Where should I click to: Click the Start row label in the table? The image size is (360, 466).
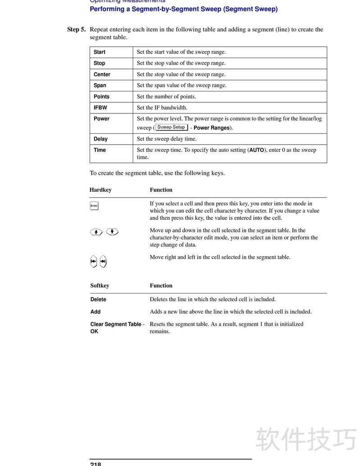[x=99, y=52]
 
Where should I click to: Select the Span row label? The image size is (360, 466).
[x=100, y=86]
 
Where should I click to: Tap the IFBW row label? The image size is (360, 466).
[x=100, y=108]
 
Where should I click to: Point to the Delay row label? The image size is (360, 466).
[x=100, y=139]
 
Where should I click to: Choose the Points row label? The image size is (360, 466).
[x=101, y=97]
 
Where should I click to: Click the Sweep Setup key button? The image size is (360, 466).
[x=171, y=127]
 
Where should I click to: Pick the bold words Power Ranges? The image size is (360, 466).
[x=211, y=128]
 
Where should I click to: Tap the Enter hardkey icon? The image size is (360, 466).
[x=94, y=206]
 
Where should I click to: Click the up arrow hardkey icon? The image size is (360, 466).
[x=96, y=232]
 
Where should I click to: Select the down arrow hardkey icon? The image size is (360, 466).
[x=112, y=232]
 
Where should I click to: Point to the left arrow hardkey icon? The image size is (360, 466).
[x=93, y=261]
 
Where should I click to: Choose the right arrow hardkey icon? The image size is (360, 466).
[x=103, y=261]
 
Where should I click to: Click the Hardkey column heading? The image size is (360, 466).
[x=100, y=190]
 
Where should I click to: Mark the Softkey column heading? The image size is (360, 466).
[x=99, y=286]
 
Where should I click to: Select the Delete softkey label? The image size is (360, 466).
[x=98, y=300]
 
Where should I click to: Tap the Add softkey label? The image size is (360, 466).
[x=95, y=312]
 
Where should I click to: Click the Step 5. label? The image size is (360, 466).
[x=76, y=30]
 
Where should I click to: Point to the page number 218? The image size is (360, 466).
[x=95, y=463]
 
